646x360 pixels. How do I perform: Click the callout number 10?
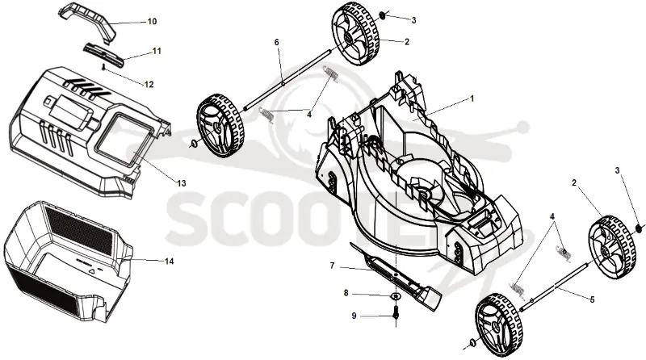click(x=152, y=22)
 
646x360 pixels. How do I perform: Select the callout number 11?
click(x=157, y=51)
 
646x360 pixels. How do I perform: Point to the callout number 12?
click(x=149, y=85)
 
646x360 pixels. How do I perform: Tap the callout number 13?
click(x=181, y=183)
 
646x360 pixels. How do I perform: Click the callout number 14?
click(x=169, y=262)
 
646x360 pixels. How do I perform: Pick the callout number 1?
click(x=472, y=98)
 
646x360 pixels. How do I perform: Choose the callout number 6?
click(x=276, y=43)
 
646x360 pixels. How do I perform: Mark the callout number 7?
click(x=333, y=266)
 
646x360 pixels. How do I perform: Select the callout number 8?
click(x=346, y=293)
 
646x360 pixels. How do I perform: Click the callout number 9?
click(x=354, y=316)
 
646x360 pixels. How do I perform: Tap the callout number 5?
click(x=593, y=299)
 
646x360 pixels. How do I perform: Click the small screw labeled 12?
click(x=103, y=66)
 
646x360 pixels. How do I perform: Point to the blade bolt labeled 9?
click(x=396, y=311)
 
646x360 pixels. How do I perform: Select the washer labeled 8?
click(x=396, y=295)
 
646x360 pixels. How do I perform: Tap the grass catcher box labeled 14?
click(x=68, y=262)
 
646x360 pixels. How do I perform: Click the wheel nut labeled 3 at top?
click(x=381, y=15)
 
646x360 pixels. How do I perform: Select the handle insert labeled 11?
click(x=104, y=53)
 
